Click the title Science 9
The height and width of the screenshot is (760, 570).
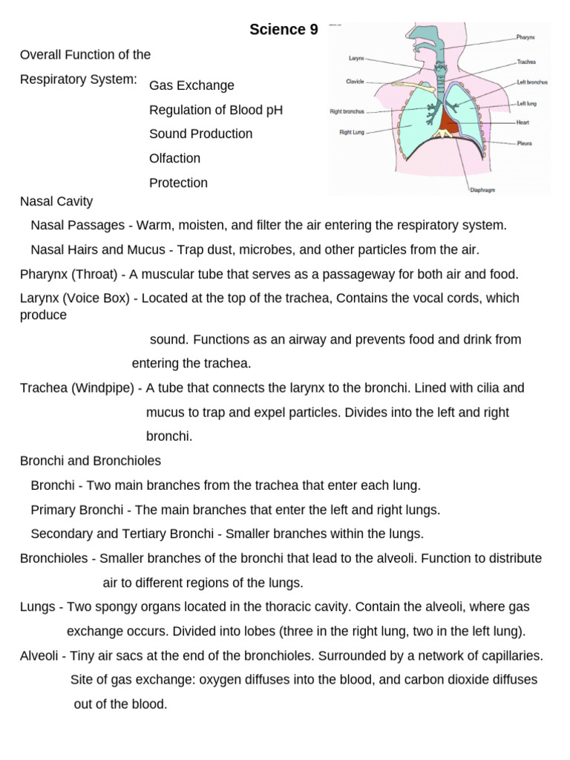[284, 30]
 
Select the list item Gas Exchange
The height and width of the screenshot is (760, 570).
[191, 85]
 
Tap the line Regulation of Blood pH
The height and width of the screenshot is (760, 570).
[216, 110]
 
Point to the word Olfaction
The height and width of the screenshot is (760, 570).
[174, 158]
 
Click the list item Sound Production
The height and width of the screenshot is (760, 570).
[200, 134]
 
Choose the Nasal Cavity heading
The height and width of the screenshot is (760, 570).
[56, 201]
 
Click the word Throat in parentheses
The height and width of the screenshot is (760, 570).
[94, 274]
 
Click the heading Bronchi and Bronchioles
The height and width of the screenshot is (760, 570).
[91, 461]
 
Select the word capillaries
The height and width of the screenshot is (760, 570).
[508, 656]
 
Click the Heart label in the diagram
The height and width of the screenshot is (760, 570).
[523, 121]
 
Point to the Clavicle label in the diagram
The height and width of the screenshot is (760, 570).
[354, 81]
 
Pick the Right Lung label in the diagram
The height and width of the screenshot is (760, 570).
[352, 134]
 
